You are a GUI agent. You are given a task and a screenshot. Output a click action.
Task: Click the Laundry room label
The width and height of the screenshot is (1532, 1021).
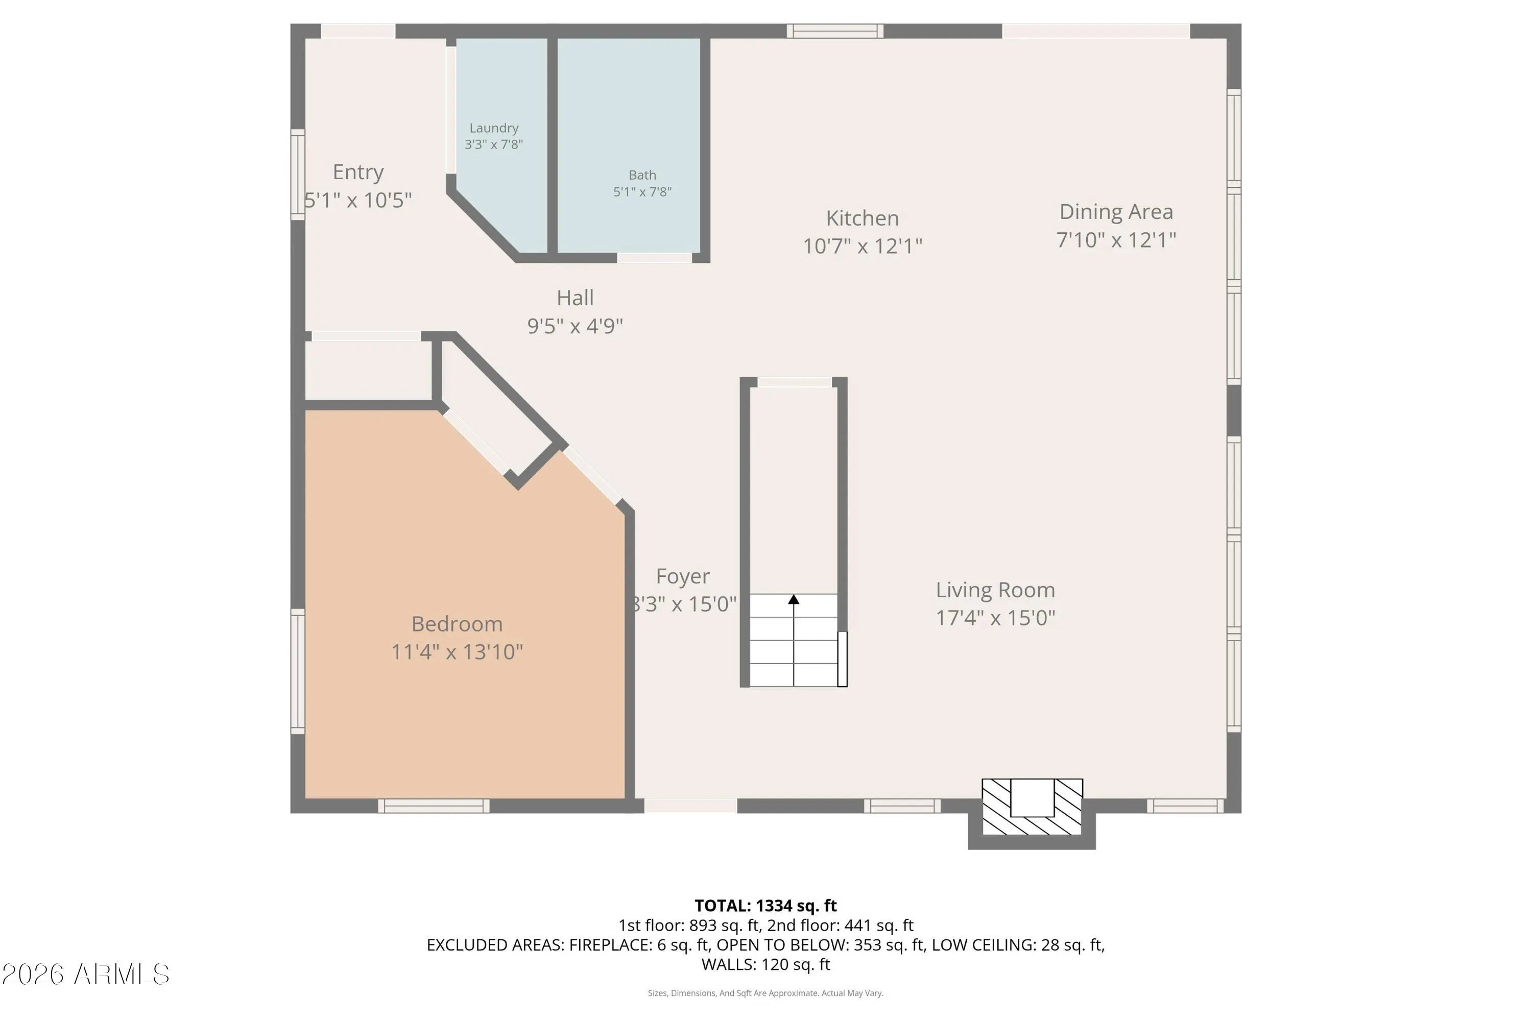(x=494, y=128)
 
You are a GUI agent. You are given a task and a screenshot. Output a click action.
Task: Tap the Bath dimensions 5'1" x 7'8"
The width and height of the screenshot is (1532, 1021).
(x=642, y=192)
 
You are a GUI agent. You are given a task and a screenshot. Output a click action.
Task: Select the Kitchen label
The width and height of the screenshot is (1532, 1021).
(x=863, y=218)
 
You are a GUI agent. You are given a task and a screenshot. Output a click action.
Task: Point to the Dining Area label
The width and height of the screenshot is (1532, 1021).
(x=1116, y=212)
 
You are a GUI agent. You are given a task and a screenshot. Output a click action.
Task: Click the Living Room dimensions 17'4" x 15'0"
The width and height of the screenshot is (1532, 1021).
(x=995, y=617)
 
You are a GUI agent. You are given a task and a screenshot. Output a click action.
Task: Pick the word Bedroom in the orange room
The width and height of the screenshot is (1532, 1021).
(x=457, y=624)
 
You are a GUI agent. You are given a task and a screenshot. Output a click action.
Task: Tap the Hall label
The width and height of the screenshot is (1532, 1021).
(x=575, y=298)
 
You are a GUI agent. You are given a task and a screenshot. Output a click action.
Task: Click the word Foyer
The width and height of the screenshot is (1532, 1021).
(x=683, y=577)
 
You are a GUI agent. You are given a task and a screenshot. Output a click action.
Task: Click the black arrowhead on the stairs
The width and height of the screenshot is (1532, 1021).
(x=794, y=599)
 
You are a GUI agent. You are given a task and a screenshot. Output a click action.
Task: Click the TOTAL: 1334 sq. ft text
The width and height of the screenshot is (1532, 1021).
(x=765, y=906)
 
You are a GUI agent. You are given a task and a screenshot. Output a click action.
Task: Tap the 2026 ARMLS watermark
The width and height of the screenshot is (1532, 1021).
(x=85, y=975)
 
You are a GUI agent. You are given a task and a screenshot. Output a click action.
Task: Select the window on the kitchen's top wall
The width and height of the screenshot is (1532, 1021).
(x=835, y=31)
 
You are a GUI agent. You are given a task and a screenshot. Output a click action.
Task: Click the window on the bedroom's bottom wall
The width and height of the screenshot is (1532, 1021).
(x=434, y=806)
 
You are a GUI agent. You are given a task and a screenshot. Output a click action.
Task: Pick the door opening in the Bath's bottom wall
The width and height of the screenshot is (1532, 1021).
(x=654, y=258)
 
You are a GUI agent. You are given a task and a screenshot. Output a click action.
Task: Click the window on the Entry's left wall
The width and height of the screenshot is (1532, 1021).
(x=298, y=175)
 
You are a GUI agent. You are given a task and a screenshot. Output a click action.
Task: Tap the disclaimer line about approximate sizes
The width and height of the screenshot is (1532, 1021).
(x=765, y=993)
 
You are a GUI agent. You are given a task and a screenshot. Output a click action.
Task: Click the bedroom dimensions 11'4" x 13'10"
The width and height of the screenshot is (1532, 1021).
(x=457, y=652)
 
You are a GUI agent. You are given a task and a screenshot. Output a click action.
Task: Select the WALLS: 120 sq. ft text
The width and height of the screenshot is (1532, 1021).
(x=765, y=964)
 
